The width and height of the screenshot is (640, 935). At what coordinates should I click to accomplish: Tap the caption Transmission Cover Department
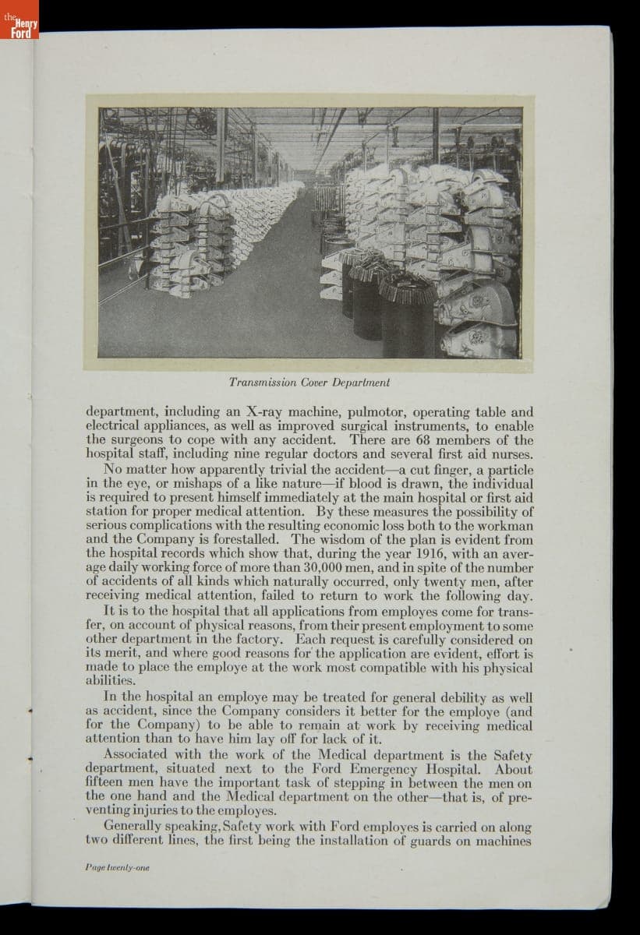pyautogui.click(x=309, y=383)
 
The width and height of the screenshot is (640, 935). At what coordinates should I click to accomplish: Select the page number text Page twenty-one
pyautogui.click(x=117, y=866)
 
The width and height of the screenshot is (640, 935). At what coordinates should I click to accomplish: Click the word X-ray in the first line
pyautogui.click(x=268, y=411)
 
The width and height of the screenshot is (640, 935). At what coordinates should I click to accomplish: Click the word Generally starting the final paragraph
pyautogui.click(x=133, y=827)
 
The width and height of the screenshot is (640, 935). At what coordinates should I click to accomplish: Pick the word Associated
pyautogui.click(x=134, y=754)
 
